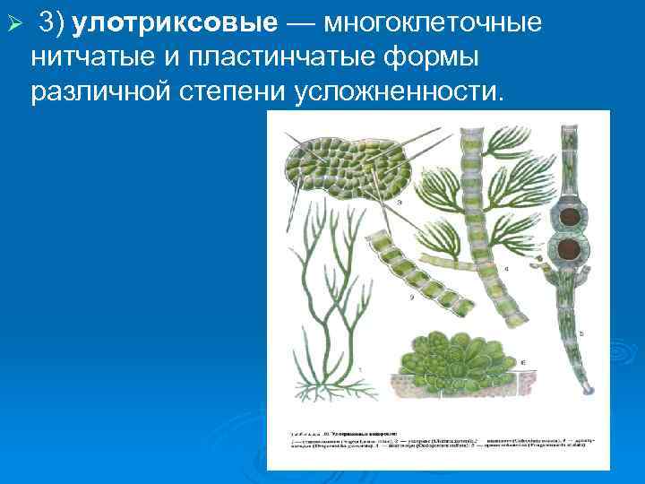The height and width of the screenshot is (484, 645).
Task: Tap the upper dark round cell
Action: click(x=566, y=216)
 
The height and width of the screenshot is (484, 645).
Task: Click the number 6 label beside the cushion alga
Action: click(x=523, y=363)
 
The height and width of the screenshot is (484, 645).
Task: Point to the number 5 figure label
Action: click(x=581, y=333)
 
